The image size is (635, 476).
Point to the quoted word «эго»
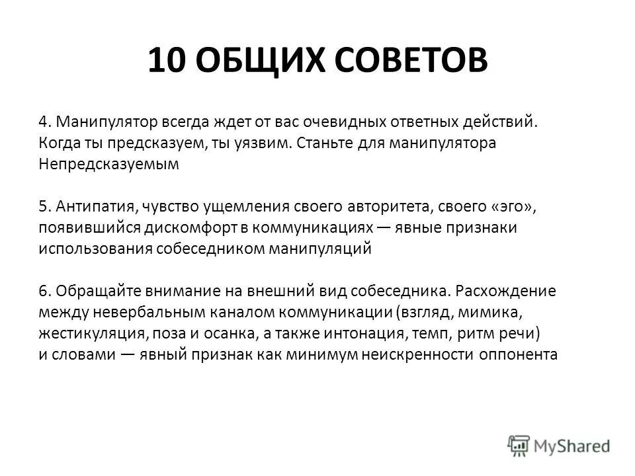(x=513, y=207)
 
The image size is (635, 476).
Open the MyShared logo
(x=559, y=445)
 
